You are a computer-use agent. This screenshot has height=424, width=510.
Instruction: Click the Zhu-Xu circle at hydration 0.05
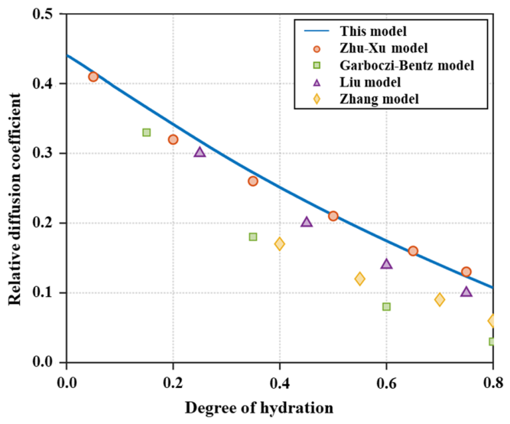coord(93,77)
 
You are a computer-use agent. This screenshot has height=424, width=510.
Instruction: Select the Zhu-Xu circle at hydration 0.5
coord(333,216)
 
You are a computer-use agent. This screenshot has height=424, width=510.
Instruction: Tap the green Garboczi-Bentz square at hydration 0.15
coord(147,132)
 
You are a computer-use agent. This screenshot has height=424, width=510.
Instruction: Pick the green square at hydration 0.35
coord(253,236)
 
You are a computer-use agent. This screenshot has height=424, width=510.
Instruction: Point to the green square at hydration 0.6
coord(386,307)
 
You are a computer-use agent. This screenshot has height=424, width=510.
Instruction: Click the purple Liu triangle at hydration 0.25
coord(200,152)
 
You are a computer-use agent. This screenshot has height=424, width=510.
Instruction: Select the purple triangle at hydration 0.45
coord(307,222)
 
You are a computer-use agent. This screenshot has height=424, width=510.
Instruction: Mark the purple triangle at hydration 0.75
coord(466,292)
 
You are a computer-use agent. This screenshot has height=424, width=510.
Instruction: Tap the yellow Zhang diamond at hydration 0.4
coord(280,244)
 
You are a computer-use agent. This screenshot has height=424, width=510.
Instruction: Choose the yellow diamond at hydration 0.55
coord(359,279)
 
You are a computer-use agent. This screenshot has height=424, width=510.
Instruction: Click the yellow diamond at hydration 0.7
coord(440,299)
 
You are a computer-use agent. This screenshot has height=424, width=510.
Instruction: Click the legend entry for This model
coord(373,31)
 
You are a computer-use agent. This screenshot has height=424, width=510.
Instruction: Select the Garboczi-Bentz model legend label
coord(407,66)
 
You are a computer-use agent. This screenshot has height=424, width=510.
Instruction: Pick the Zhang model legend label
coord(379,99)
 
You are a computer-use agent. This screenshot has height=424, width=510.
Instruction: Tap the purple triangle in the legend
coord(317,83)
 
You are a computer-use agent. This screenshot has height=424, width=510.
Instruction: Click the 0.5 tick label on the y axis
coord(43,14)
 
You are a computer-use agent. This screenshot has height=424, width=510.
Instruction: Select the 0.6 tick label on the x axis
coord(386,383)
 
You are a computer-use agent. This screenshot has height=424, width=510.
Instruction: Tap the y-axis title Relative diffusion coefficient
coord(15,199)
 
